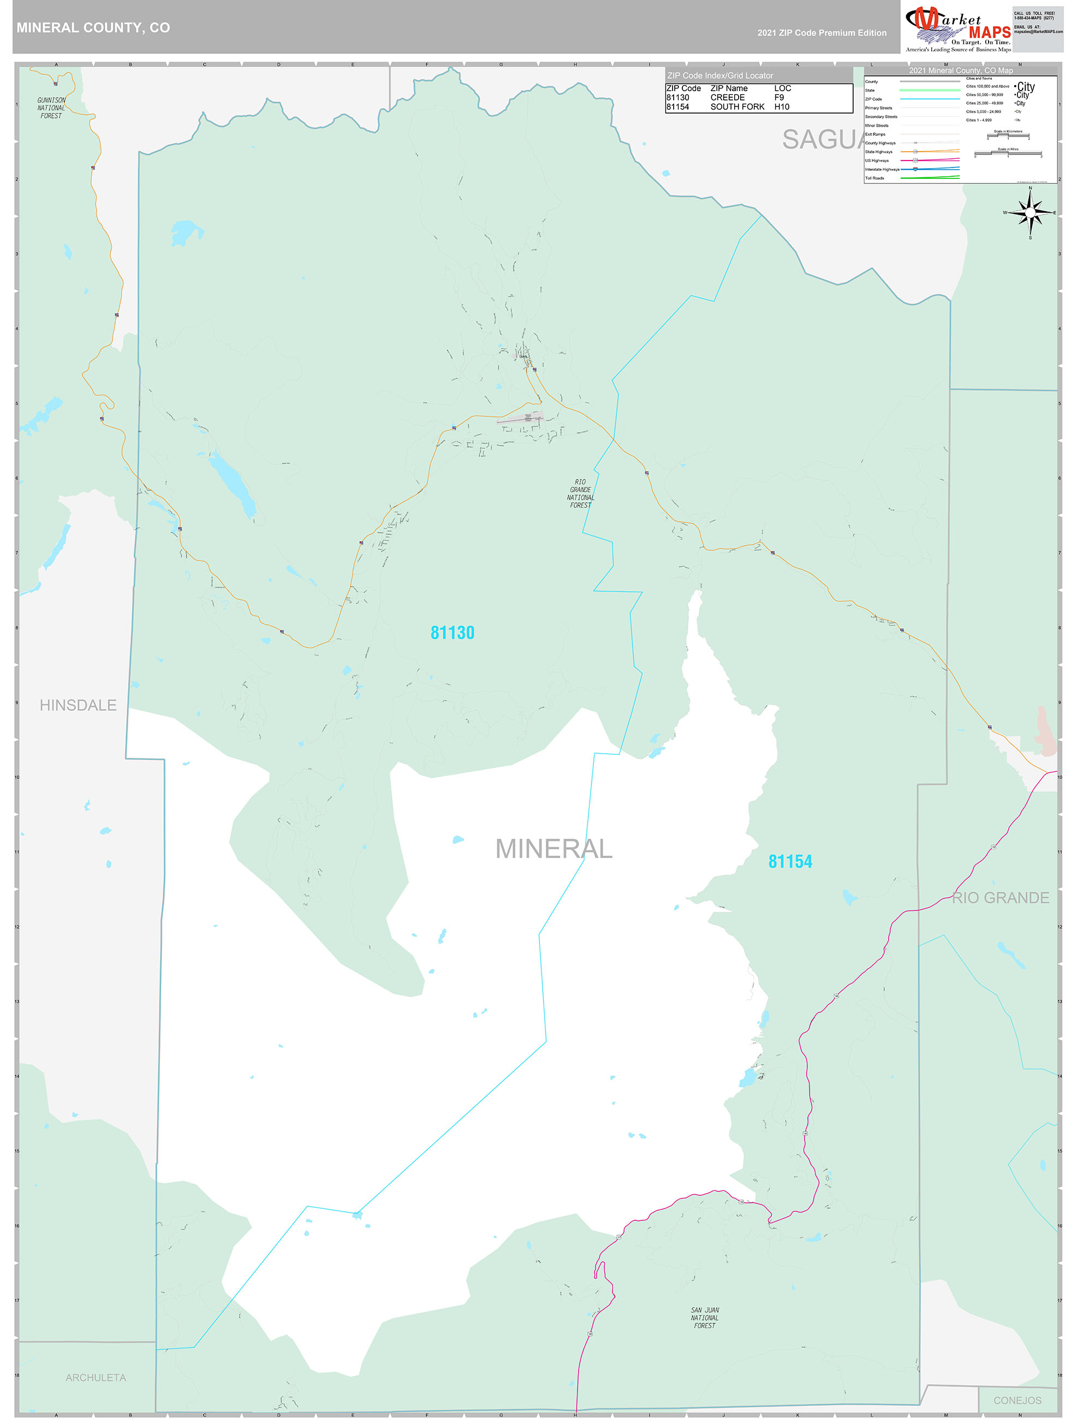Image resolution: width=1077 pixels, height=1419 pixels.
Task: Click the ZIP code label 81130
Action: click(452, 633)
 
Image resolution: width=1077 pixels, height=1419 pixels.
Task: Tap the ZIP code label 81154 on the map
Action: click(790, 862)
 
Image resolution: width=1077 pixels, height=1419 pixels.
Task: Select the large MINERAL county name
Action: click(554, 849)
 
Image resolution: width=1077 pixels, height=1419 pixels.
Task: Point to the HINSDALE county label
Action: click(78, 705)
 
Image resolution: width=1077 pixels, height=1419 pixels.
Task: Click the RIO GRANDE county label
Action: click(1000, 897)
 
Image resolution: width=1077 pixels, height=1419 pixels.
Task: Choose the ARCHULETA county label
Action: click(96, 1378)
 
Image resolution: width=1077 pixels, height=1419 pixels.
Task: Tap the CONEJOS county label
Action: click(1018, 1400)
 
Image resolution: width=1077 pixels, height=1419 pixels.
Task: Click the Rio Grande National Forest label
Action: click(580, 493)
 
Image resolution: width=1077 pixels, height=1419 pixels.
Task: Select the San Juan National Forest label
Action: click(705, 1317)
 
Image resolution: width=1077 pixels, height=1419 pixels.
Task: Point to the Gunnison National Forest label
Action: click(51, 108)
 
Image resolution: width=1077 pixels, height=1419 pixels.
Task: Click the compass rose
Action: click(1030, 212)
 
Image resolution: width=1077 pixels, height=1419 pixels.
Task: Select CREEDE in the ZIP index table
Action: click(728, 98)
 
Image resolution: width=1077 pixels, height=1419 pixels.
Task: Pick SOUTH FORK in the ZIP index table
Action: click(737, 107)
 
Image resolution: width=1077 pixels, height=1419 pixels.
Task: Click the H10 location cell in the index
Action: click(781, 107)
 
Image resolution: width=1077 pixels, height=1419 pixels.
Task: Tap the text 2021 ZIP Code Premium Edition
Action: click(822, 33)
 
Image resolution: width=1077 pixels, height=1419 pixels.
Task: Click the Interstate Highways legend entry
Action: click(882, 169)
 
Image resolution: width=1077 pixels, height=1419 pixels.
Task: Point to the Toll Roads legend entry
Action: click(874, 178)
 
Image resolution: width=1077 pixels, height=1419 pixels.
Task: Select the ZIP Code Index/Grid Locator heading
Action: click(719, 76)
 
